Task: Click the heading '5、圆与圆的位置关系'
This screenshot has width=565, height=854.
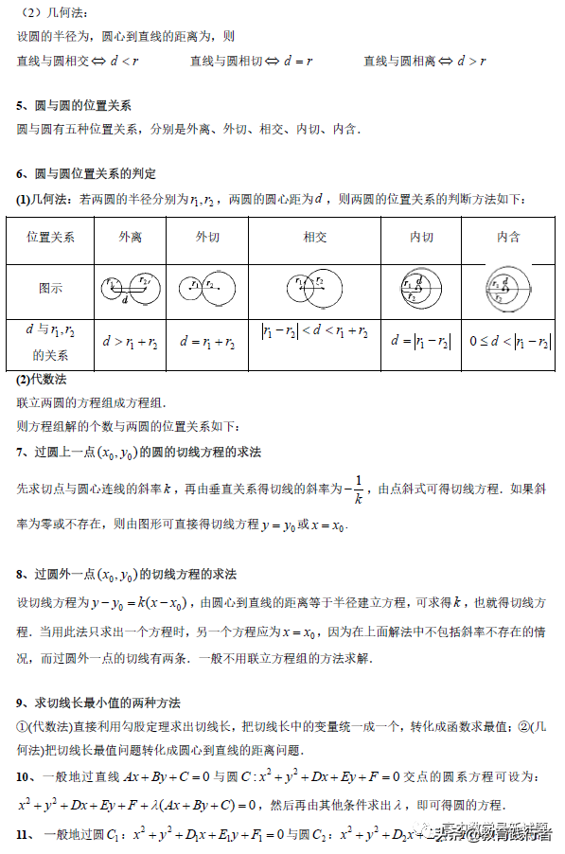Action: (x=74, y=105)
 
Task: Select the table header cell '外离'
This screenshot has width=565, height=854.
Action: (x=130, y=237)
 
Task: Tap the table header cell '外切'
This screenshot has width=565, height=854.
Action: (x=207, y=237)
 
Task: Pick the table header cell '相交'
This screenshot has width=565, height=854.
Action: (x=315, y=237)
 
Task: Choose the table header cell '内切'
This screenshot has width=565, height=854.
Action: (x=421, y=237)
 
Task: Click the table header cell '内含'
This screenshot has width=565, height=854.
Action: (x=508, y=237)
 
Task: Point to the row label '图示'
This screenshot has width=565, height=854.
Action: (x=51, y=288)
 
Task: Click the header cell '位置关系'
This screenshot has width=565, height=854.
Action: (x=51, y=237)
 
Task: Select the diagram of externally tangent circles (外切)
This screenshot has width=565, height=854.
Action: (x=207, y=287)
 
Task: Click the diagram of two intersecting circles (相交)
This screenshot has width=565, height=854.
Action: (x=315, y=287)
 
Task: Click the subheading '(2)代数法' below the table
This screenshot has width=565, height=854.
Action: (x=42, y=380)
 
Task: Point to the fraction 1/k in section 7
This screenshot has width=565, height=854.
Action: (x=357, y=489)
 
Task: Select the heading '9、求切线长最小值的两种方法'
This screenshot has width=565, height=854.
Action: (x=98, y=703)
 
